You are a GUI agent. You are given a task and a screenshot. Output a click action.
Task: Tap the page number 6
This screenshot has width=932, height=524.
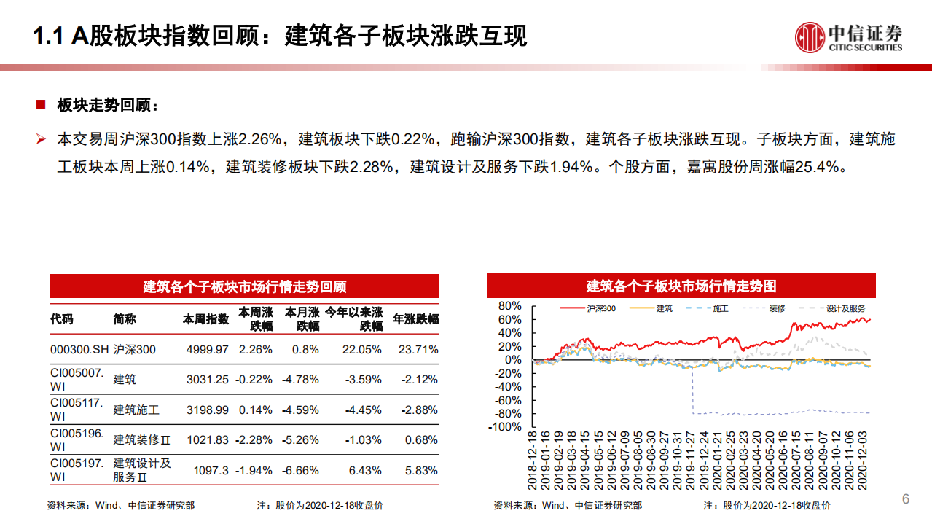pyautogui.click(x=906, y=499)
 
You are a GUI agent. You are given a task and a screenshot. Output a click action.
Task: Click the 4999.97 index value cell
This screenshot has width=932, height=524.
pyautogui.click(x=207, y=349)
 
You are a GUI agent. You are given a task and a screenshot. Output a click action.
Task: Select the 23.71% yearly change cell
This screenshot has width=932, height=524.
pyautogui.click(x=418, y=349)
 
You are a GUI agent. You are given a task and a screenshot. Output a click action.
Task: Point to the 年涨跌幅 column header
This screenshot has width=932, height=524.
pyautogui.click(x=415, y=319)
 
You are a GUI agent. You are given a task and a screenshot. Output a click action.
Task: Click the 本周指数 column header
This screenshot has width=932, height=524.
pyautogui.click(x=205, y=319)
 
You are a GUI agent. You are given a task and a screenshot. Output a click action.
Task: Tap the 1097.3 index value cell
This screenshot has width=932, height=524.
pyautogui.click(x=212, y=471)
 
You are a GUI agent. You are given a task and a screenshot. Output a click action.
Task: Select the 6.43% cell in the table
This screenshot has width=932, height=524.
pyautogui.click(x=365, y=471)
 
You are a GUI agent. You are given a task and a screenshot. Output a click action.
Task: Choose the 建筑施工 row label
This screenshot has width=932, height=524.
pyautogui.click(x=136, y=410)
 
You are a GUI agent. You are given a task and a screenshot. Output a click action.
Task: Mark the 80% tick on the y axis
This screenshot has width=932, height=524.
pyautogui.click(x=511, y=306)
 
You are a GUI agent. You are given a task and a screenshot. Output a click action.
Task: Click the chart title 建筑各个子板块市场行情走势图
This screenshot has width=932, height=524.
pyautogui.click(x=681, y=286)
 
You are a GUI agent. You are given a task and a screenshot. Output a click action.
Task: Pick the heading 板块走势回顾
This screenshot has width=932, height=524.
pyautogui.click(x=107, y=105)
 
